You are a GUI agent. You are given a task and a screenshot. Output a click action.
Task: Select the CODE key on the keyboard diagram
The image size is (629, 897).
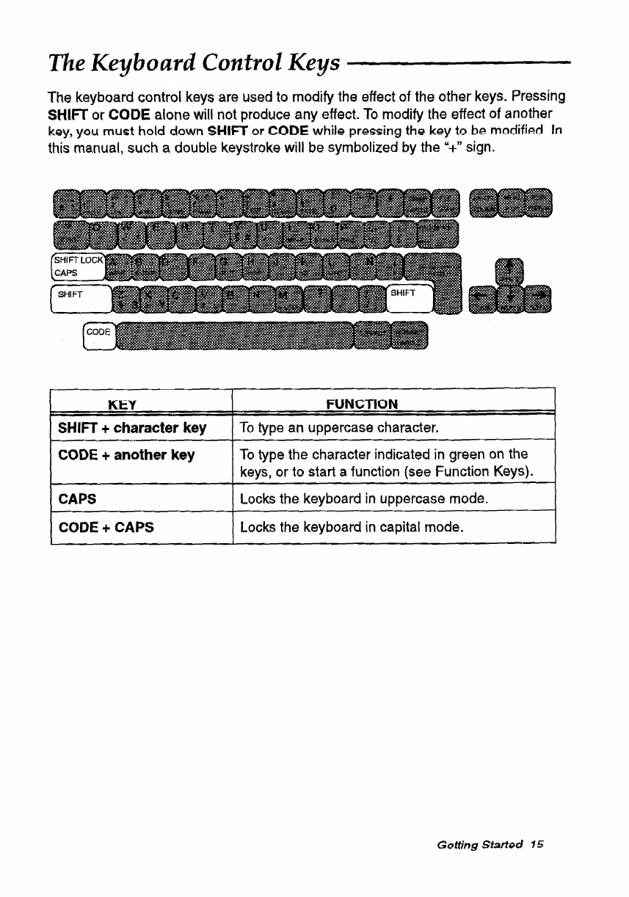click(x=98, y=336)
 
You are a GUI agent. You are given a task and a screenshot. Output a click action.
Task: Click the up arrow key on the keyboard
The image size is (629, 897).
click(x=511, y=272)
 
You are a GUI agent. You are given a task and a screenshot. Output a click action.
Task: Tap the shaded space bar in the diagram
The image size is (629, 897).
click(x=235, y=337)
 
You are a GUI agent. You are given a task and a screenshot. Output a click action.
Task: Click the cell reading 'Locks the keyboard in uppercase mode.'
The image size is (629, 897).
click(x=364, y=498)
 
